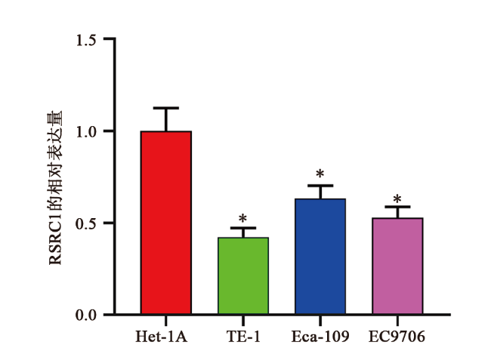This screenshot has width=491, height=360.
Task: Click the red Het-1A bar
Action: coord(165,223)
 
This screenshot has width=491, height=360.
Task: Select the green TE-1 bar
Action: coord(243,275)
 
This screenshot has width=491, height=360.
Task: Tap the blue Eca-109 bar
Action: coord(320,257)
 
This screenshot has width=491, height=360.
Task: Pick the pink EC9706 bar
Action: coord(397,266)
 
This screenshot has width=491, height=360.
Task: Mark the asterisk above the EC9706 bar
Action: coord(397,198)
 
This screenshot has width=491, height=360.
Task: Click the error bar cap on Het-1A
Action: coord(165,108)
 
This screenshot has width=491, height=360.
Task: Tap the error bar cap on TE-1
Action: coord(243,228)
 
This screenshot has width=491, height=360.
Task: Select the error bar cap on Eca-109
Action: coord(320,186)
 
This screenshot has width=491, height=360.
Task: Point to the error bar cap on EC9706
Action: coord(397,207)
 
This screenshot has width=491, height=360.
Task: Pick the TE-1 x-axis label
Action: coord(243,336)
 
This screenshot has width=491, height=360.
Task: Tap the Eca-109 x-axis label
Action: coord(320,336)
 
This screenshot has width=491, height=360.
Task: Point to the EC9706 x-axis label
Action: coord(397,336)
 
